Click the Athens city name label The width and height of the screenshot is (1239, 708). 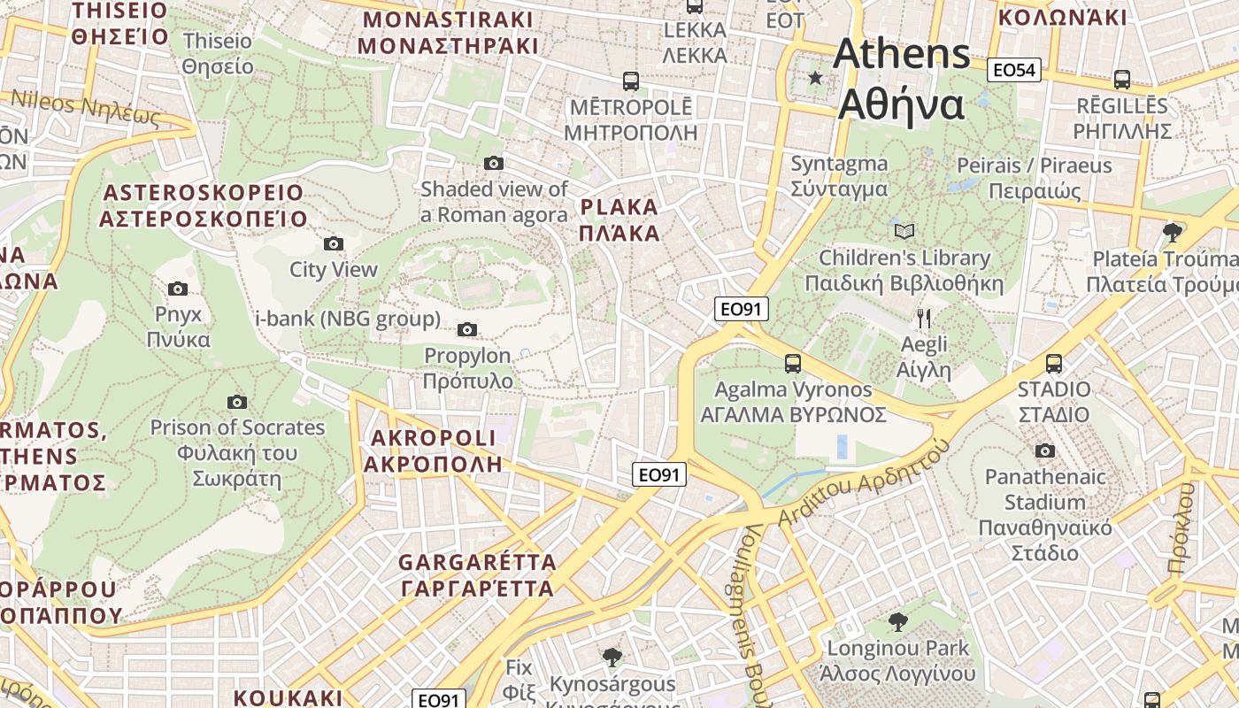[x=901, y=79]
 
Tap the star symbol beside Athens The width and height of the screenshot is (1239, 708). [x=815, y=78]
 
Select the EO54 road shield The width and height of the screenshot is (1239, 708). [x=1014, y=70]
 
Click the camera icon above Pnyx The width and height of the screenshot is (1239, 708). [x=178, y=289]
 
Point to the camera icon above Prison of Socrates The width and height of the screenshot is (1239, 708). [x=236, y=402]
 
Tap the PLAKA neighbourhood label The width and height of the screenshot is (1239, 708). [x=619, y=220]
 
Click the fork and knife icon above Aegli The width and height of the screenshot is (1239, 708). [x=924, y=319]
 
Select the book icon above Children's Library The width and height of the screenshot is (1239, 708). [x=904, y=232]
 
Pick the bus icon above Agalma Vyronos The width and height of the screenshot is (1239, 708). [x=793, y=363]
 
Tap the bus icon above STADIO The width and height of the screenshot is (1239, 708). [x=1053, y=363]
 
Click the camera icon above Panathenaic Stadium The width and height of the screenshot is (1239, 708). [x=1045, y=450]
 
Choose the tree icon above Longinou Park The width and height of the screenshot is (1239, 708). [x=898, y=621]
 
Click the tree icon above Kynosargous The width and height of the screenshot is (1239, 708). [x=612, y=657]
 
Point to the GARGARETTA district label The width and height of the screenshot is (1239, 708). [x=477, y=574]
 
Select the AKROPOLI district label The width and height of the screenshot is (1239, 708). [x=434, y=450]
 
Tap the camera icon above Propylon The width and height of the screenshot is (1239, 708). [x=467, y=330]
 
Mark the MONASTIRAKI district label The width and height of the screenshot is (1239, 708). [x=448, y=33]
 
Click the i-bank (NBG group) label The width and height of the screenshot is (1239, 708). [x=347, y=319]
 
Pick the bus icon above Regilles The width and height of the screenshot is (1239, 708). [x=1122, y=79]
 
